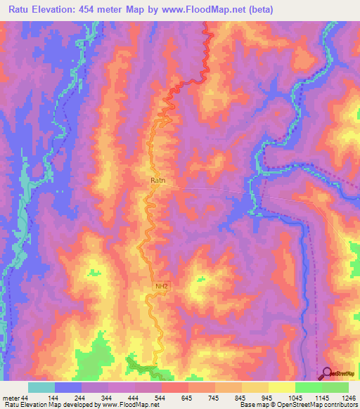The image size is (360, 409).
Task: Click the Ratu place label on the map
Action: [x=158, y=181]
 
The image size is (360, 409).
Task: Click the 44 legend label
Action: [x=26, y=398]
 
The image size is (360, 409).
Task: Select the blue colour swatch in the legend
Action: [x=68, y=387]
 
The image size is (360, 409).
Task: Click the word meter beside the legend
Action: [x=10, y=398]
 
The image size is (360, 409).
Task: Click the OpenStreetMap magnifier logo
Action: [x=326, y=373]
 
